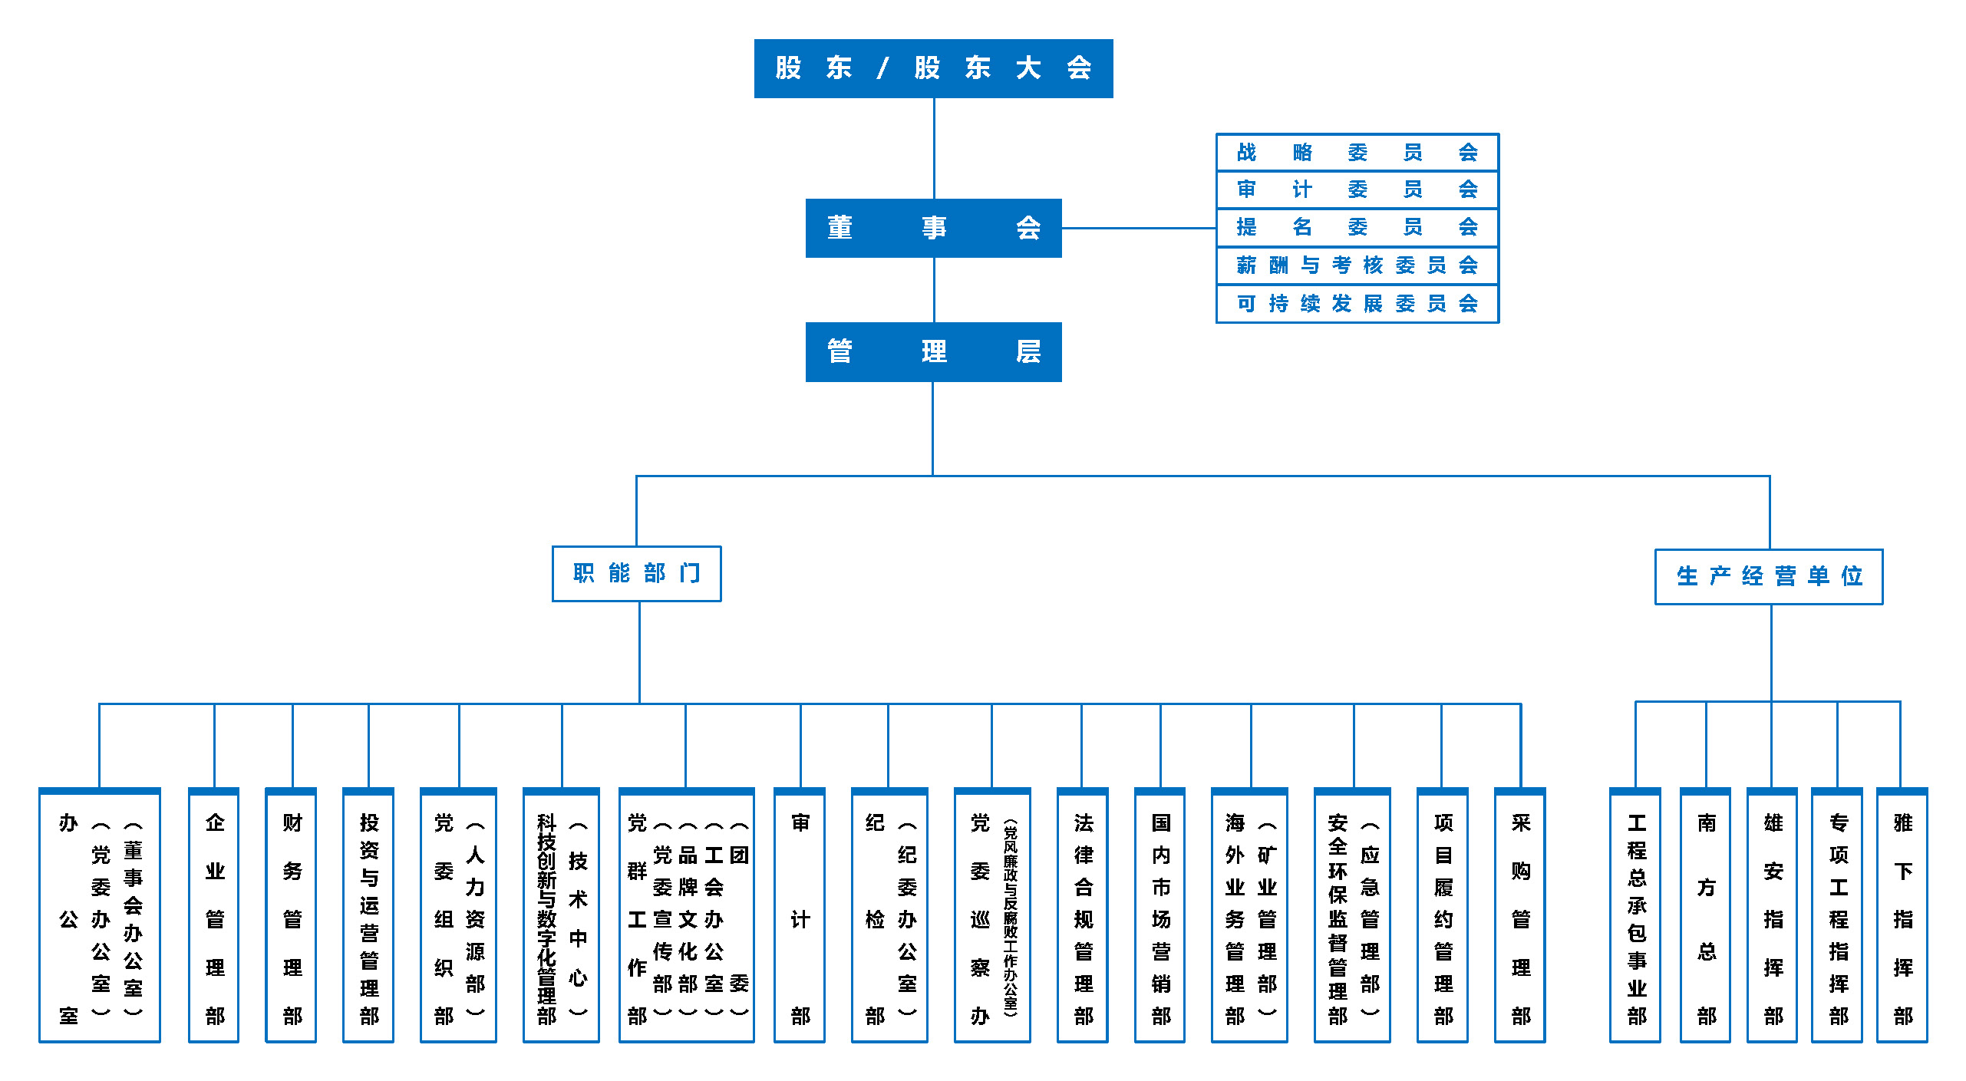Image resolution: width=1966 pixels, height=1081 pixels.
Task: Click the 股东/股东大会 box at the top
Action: (933, 68)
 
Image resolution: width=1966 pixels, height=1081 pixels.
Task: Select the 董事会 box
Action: (933, 228)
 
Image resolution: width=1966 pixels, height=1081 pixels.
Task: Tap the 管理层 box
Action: (933, 352)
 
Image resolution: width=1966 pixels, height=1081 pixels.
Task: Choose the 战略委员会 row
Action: (1357, 152)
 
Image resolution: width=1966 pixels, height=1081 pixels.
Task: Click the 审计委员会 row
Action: (1357, 190)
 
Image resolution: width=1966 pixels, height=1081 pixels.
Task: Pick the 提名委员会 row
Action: (1357, 227)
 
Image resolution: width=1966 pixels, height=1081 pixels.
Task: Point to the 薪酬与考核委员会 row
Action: (1357, 265)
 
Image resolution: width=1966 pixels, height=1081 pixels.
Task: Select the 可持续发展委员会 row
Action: (1357, 304)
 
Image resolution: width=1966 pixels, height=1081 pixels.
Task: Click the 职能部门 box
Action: (636, 573)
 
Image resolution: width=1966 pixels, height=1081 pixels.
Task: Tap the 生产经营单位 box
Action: (1768, 576)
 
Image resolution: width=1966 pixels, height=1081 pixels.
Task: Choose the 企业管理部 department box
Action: (214, 917)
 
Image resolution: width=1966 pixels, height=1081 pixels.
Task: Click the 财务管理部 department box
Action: (292, 917)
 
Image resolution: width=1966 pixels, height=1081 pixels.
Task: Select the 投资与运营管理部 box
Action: (368, 917)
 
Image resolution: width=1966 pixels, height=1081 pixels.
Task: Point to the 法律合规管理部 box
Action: (1083, 917)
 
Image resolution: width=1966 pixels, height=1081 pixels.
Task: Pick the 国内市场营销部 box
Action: (1160, 917)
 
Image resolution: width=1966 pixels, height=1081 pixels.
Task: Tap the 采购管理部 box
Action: (1520, 917)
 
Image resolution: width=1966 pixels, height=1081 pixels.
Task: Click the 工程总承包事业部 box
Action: (1635, 917)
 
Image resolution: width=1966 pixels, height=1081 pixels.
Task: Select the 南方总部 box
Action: (1706, 917)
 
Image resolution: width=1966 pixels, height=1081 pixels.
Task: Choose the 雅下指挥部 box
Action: (1902, 917)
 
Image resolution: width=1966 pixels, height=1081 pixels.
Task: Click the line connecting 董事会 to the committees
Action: (1139, 228)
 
